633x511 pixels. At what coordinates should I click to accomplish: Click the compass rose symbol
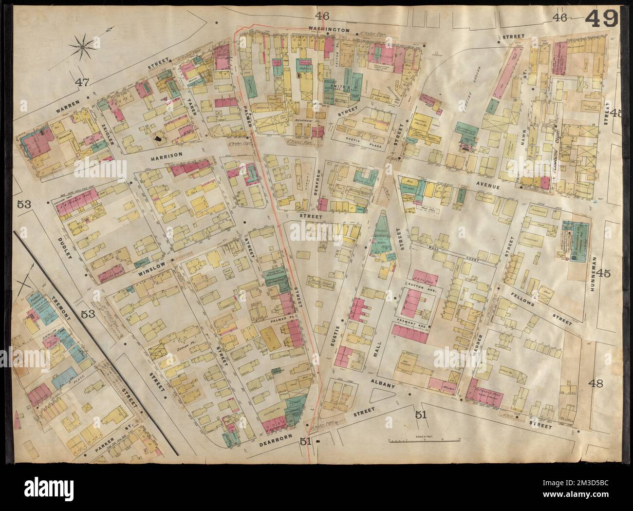click(83, 47)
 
